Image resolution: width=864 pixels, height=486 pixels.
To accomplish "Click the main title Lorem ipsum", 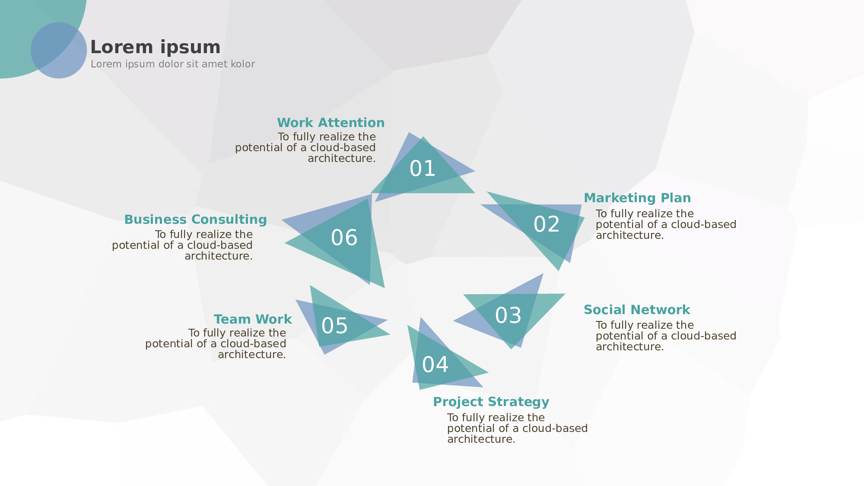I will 155,47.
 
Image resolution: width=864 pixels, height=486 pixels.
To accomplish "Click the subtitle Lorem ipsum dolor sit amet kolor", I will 172,64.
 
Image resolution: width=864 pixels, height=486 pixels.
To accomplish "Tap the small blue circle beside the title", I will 59,51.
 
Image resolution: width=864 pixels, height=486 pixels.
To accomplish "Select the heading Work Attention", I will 330,123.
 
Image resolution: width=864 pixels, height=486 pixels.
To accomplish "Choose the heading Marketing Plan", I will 637,198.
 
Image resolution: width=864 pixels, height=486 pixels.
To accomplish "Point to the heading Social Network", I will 637,310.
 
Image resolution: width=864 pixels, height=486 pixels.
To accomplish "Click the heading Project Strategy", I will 491,402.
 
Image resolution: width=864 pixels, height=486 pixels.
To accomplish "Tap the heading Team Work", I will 253,319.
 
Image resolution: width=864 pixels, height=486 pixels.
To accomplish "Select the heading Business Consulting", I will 195,219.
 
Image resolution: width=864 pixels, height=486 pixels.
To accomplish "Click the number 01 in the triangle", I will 422,168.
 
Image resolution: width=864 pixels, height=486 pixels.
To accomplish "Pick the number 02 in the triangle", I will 546,224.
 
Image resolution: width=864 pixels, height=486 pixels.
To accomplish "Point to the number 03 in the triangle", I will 508,315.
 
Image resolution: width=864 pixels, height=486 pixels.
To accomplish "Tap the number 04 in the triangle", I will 435,365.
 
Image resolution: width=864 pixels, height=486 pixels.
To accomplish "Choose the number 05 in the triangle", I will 334,326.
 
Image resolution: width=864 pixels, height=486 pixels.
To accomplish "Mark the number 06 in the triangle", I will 344,238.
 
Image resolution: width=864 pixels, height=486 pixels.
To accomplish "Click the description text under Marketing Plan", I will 665,225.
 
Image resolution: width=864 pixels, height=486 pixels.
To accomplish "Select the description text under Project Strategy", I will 517,428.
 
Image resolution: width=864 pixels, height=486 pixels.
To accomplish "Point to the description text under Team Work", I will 216,344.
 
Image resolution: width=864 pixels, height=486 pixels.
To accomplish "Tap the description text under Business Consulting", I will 183,245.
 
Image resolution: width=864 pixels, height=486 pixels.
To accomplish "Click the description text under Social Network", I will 665,336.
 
